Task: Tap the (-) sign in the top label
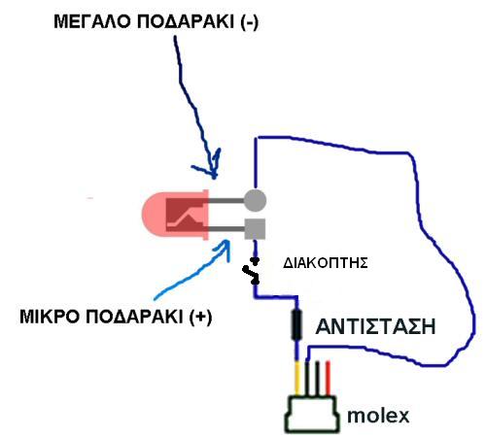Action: (250, 22)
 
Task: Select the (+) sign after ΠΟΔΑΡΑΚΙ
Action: (201, 317)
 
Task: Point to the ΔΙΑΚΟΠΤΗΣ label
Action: (326, 263)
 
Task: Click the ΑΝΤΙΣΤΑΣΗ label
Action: (375, 326)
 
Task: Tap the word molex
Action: (378, 416)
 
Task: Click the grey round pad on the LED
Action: (255, 200)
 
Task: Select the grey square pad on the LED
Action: (255, 229)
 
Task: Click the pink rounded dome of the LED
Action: (154, 215)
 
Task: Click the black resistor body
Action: (296, 324)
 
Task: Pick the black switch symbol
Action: (252, 271)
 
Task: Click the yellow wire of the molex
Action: (297, 378)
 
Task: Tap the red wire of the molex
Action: (328, 378)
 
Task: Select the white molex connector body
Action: (312, 415)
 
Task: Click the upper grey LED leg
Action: (226, 200)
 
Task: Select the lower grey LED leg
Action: (226, 229)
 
